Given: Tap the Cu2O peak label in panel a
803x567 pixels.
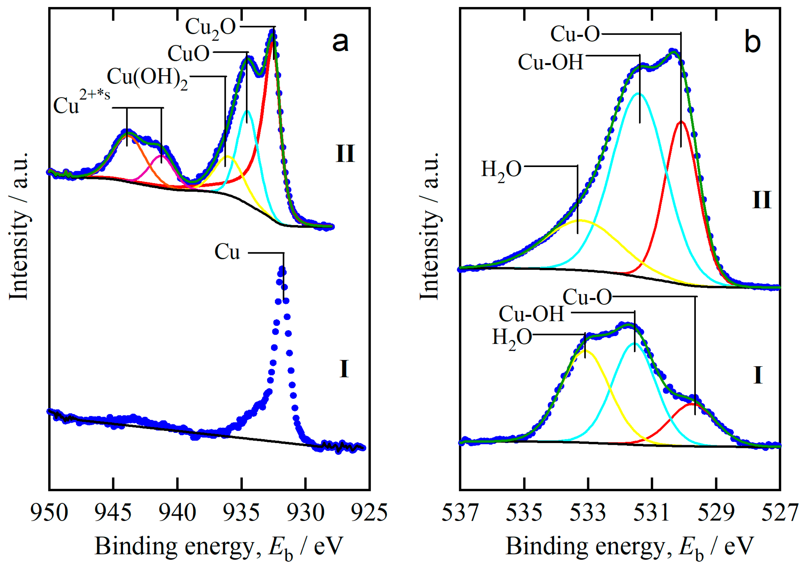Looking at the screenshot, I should pos(210,27).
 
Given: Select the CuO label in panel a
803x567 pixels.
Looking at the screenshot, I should pos(188,54).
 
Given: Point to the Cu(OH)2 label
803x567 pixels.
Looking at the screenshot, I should pos(147,77).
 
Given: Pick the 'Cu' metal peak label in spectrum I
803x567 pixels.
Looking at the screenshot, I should pos(227,252).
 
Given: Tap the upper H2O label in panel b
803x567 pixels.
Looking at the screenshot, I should pos(501,171).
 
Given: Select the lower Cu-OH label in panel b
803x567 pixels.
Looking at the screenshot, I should pos(531,314).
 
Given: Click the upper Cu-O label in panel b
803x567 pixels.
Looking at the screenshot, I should pos(575,34).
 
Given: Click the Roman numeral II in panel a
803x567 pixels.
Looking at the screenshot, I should pos(345,154).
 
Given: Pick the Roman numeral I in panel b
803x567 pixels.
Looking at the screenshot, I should pos(758,376).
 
